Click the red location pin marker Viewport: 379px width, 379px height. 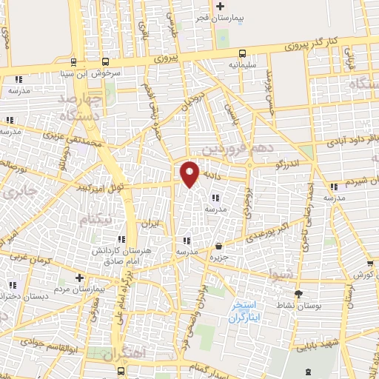[x=190, y=173]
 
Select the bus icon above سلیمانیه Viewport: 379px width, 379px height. [x=243, y=53]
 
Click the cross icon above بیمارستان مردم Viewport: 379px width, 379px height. [x=79, y=278]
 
